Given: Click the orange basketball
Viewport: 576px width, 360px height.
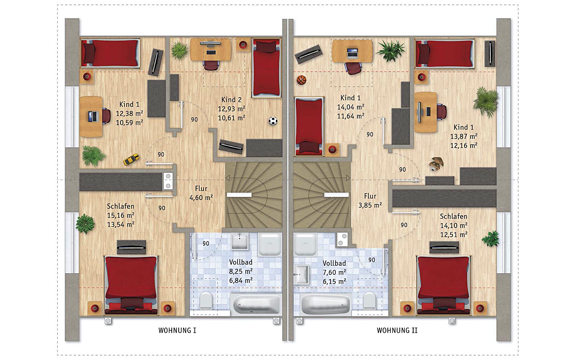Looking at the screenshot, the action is point(301,80).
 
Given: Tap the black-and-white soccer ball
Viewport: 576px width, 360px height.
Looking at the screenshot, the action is point(273,121).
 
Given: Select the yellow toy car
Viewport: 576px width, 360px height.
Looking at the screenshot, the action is point(131,159).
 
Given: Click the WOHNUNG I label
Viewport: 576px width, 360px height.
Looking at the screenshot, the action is point(177,331).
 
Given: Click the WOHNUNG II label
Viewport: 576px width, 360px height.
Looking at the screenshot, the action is point(397,331).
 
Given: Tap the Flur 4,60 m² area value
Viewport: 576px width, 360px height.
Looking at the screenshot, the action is point(201,198).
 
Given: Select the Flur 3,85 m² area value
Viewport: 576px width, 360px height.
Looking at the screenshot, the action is point(370,205).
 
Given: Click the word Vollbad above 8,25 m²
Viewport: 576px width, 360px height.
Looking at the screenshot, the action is point(241,262).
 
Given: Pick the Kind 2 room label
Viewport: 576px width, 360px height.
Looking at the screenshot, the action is point(231,100).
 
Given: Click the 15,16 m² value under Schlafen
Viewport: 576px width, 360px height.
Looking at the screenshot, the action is point(121,215).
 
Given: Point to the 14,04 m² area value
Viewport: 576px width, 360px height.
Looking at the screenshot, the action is point(351,107).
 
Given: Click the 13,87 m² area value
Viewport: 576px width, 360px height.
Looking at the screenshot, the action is point(464,136).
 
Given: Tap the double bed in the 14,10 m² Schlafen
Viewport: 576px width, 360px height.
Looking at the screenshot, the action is point(443,285).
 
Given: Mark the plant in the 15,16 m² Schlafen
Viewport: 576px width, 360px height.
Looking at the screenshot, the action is point(85,224).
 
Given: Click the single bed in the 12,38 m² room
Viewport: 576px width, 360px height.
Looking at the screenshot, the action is point(110,53).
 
